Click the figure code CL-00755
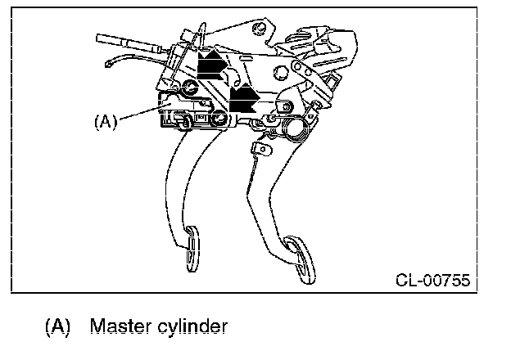click(x=432, y=280)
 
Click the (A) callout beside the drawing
click(x=106, y=121)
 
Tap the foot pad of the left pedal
click(x=192, y=248)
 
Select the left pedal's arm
click(x=181, y=180)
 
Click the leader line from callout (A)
click(x=139, y=114)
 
